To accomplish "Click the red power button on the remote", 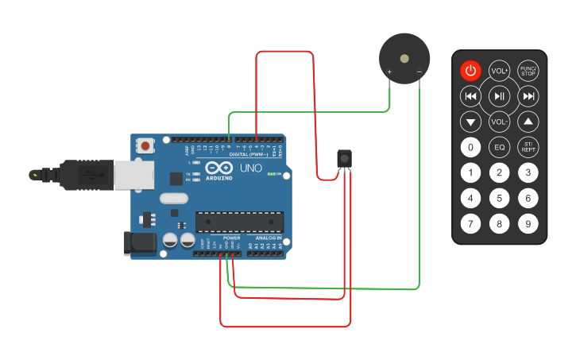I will point(471,71).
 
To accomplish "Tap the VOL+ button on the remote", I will point(499,71).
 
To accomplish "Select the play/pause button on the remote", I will point(499,96).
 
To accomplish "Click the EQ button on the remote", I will point(499,147).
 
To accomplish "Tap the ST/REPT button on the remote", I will point(528,147).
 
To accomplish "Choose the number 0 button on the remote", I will point(471,147).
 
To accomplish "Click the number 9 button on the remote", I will point(528,224).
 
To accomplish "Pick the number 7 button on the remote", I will point(471,224).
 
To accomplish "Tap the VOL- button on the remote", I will point(499,122).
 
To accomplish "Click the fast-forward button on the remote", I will point(528,96).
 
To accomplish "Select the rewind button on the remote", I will point(471,96).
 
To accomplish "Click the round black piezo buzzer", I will point(404,59).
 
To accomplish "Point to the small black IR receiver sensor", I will point(344,159).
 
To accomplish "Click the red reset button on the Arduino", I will point(147,146).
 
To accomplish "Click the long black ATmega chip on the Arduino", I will point(239,223).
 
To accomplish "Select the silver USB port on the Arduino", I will point(133,176).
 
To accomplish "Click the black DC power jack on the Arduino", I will point(140,243).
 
